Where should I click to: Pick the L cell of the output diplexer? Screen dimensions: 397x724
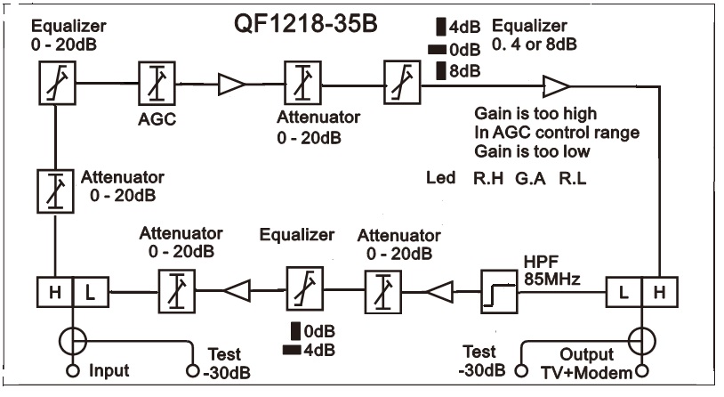point(623,290)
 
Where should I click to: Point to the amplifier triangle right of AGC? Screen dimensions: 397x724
point(230,85)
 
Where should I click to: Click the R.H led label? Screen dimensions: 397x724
point(487,178)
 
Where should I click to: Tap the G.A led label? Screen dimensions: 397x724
point(531,178)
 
